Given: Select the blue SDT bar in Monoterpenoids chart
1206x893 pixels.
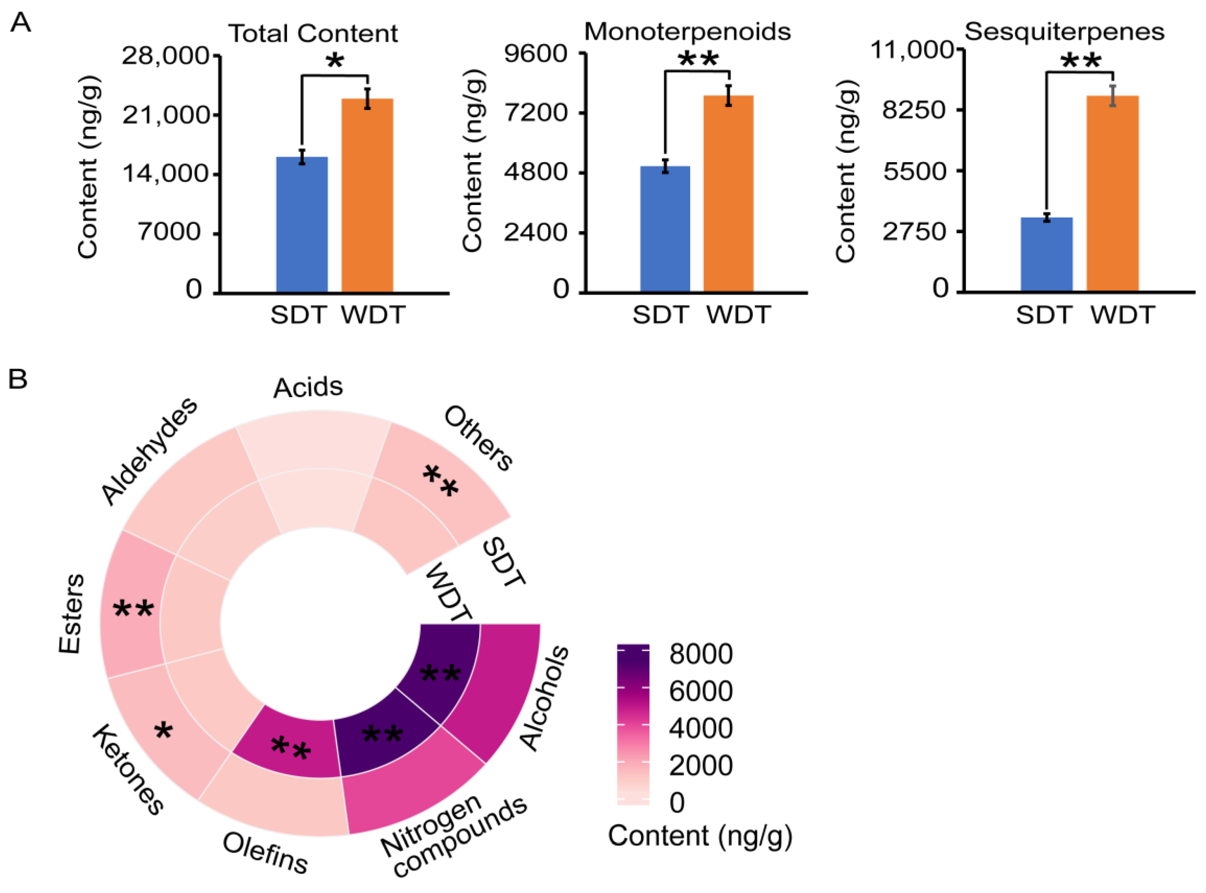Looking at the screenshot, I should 665,229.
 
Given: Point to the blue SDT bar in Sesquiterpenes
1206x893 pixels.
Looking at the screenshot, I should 1046,254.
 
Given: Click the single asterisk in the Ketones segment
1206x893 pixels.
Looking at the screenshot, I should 163,732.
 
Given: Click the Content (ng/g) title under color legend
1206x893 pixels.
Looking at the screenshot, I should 700,836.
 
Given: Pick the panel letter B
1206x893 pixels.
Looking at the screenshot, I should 18,379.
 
